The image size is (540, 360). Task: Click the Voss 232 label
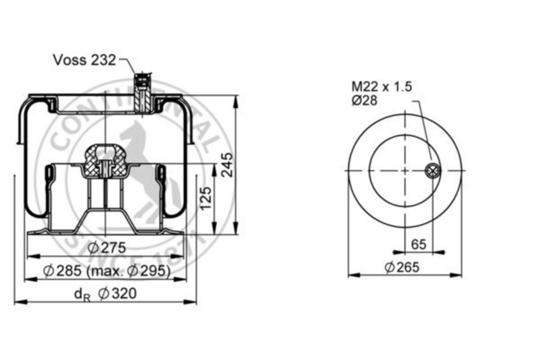point(85,60)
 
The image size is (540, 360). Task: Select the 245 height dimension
point(227,165)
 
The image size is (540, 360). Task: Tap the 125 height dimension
point(206,198)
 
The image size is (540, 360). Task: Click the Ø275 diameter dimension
point(107,248)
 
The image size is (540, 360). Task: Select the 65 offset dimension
point(418,244)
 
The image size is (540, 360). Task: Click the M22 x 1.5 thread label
point(382,87)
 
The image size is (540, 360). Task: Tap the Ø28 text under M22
point(364,101)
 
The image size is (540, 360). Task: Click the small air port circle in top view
point(432,171)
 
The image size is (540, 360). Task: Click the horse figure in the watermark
point(140,151)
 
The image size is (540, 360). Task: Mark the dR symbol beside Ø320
point(82,294)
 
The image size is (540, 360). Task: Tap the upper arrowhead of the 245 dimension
point(236,101)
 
